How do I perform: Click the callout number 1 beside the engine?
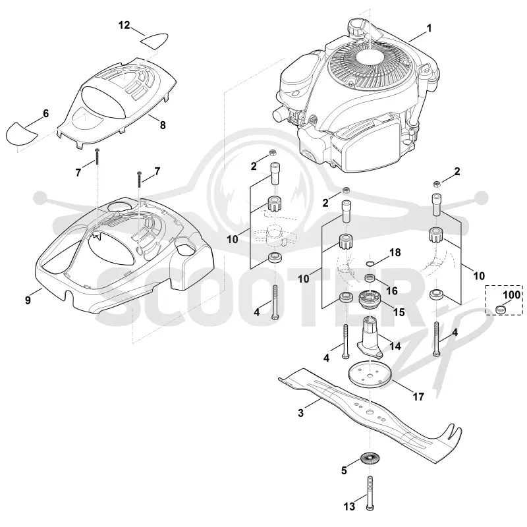429,28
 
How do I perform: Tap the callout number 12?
125,25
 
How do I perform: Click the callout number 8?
163,125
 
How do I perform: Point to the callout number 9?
28,300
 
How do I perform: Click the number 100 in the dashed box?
512,294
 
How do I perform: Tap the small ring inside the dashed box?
501,308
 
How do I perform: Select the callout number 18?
395,252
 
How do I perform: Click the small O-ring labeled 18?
370,263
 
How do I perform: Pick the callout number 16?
392,291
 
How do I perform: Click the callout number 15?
399,312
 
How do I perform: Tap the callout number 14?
395,345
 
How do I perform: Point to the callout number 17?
418,397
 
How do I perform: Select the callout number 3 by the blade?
301,413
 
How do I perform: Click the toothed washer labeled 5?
370,458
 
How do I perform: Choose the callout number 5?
344,470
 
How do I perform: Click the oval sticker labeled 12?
153,40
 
